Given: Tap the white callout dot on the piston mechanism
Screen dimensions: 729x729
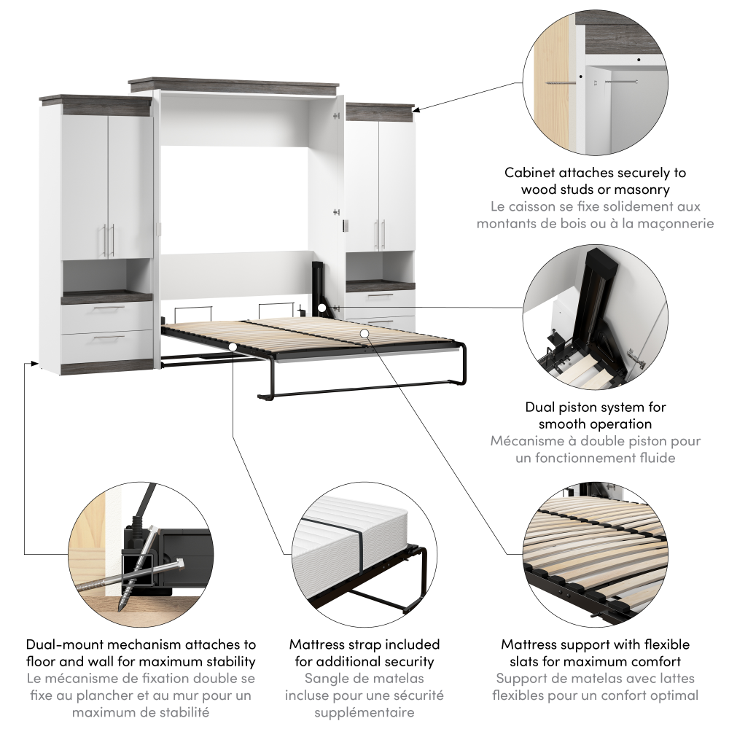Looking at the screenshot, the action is [321, 308].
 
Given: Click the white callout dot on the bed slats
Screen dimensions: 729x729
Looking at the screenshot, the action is [364, 333].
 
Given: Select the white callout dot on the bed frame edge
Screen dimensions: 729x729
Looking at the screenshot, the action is [233, 346].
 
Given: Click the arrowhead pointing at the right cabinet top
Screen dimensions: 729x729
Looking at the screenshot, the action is [416, 110].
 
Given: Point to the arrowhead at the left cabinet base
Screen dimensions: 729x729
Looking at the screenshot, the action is [34, 362].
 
